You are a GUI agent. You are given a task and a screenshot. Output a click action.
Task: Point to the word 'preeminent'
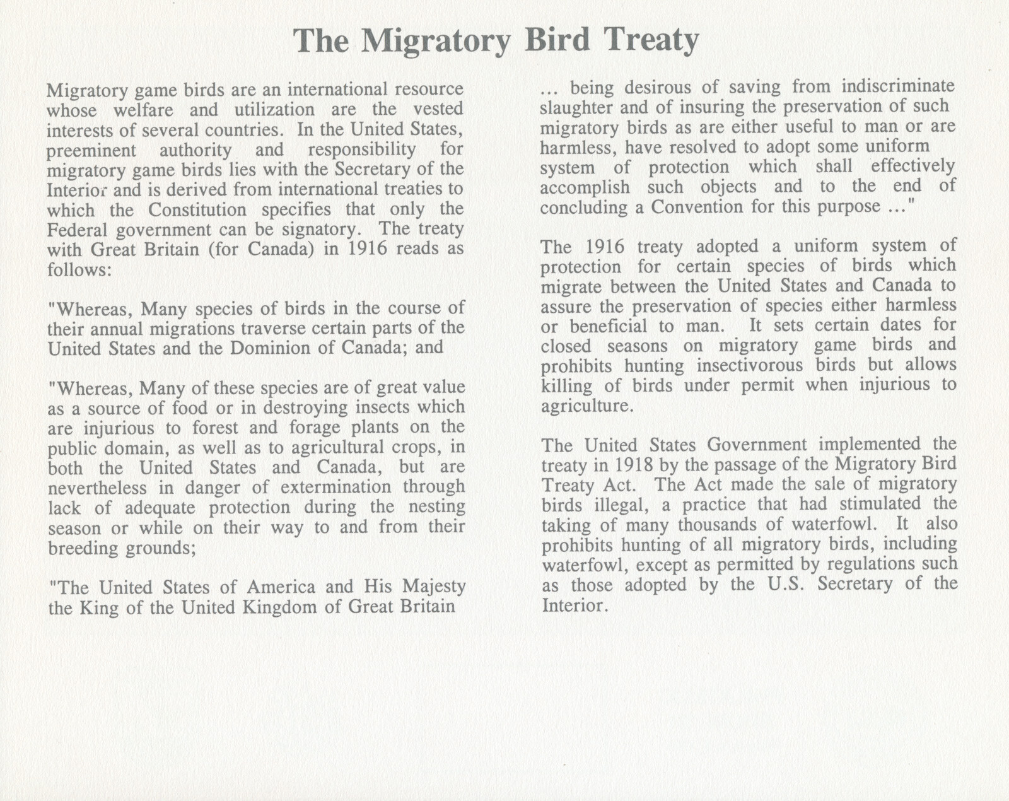point(91,150)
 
